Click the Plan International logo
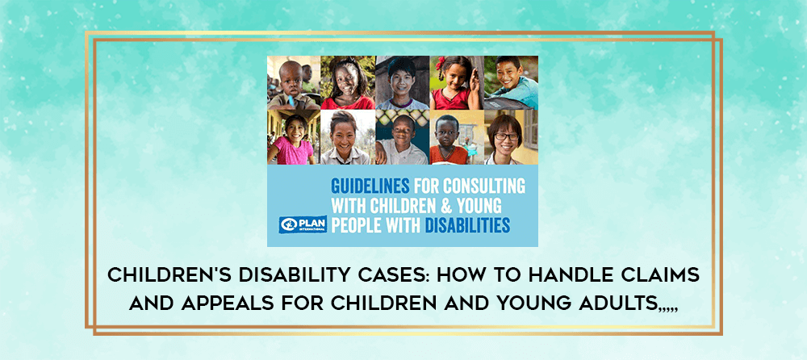(303, 224)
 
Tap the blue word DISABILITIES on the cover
(467, 225)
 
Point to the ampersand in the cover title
(445, 206)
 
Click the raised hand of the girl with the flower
(475, 81)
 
